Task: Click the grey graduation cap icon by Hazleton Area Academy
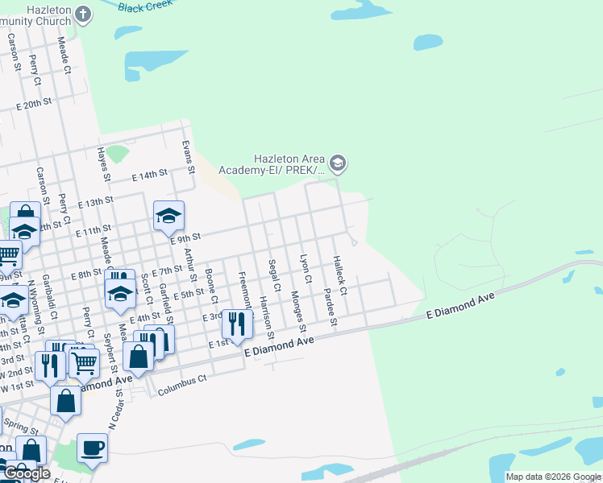pyautogui.click(x=338, y=164)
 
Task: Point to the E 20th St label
pyautogui.click(x=34, y=105)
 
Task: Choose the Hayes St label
pyautogui.click(x=102, y=163)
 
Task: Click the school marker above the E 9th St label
pyautogui.click(x=169, y=216)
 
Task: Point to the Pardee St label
pyautogui.click(x=329, y=308)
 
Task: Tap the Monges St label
pyautogui.click(x=298, y=312)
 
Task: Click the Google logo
pyautogui.click(x=27, y=474)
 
